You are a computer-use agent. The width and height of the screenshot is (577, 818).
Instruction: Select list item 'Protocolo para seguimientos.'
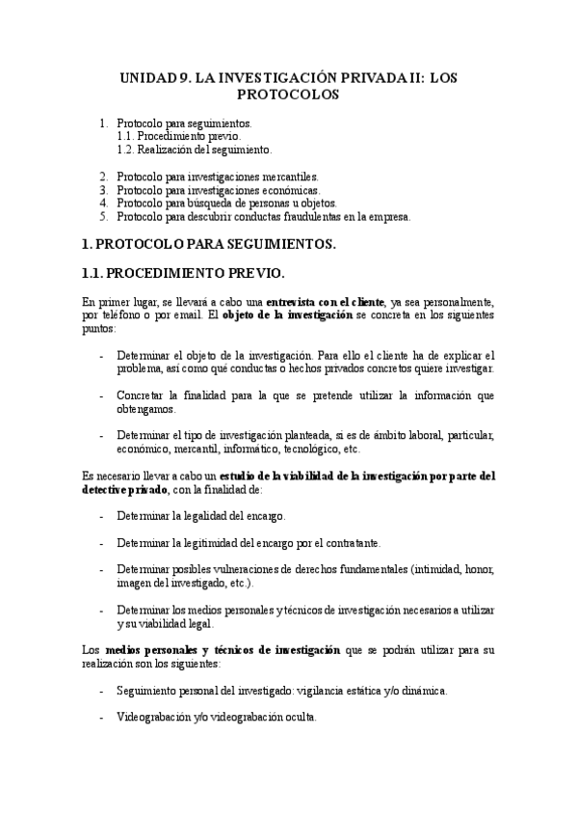pos(183,124)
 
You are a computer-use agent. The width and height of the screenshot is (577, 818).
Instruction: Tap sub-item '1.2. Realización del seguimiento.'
pos(194,150)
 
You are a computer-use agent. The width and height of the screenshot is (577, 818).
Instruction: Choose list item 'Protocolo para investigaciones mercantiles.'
pos(217,177)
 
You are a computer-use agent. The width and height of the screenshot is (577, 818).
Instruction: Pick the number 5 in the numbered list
pos(104,216)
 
